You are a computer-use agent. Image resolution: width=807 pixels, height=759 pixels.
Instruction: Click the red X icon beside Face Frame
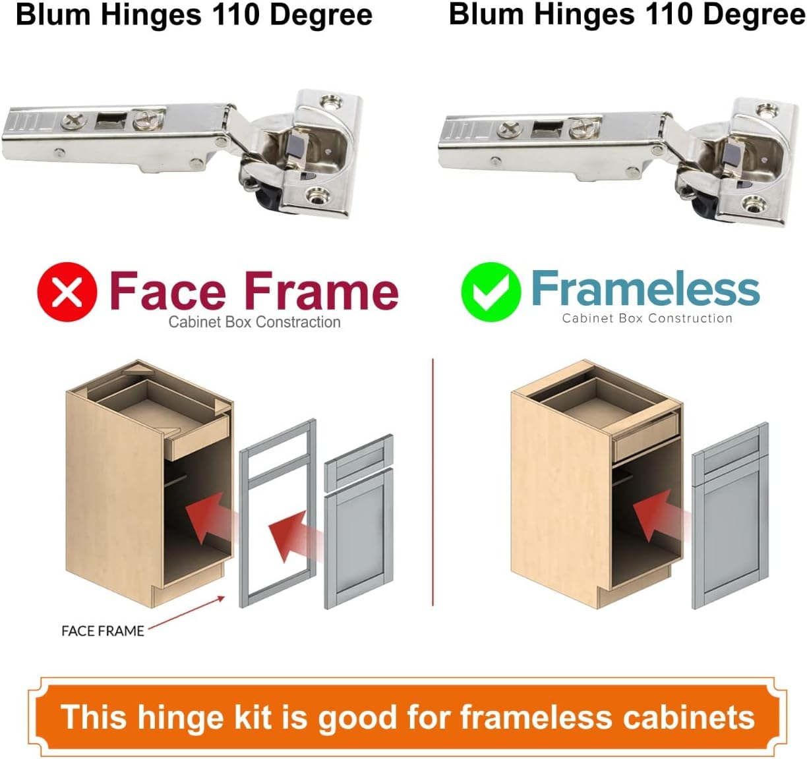(67, 292)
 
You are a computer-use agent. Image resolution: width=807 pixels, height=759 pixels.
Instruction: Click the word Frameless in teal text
(645, 289)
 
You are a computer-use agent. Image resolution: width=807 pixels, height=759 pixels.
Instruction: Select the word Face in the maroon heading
(167, 291)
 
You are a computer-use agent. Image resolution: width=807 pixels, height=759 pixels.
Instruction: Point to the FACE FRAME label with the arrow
(102, 631)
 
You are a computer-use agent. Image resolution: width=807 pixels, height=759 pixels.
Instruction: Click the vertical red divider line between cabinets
(433, 481)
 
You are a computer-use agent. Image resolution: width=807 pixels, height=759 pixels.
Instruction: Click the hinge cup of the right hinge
(742, 161)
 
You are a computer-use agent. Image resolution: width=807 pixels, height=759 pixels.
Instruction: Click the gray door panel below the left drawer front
(359, 537)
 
